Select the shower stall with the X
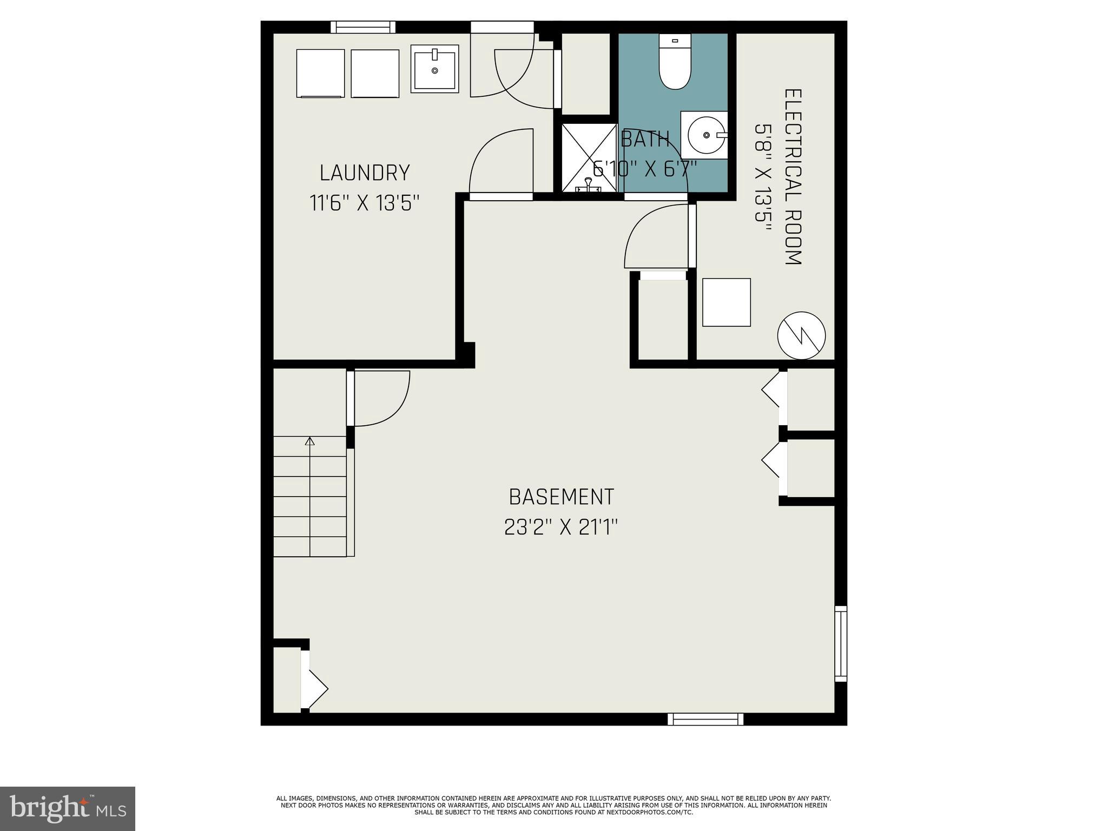[589, 157]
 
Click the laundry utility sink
[434, 69]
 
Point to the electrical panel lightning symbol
[801, 335]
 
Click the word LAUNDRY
[365, 173]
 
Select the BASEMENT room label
[561, 497]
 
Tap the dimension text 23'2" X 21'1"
[560, 527]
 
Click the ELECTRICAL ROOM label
[793, 177]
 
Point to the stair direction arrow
[309, 441]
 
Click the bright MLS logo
[68, 808]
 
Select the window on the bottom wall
[705, 719]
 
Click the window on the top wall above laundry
[362, 27]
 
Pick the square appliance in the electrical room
[726, 302]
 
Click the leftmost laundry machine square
[320, 74]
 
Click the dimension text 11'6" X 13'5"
[365, 203]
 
